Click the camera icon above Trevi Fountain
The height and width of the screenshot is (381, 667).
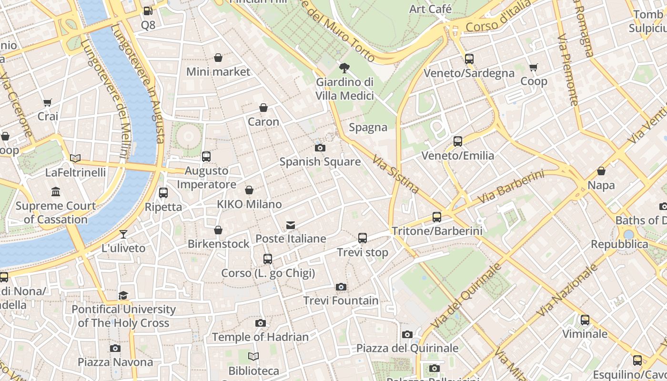pyautogui.click(x=341, y=287)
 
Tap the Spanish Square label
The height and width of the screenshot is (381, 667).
pyautogui.click(x=320, y=162)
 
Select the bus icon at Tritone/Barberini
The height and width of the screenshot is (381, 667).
pyautogui.click(x=437, y=217)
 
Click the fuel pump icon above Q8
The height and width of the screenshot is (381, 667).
pyautogui.click(x=148, y=10)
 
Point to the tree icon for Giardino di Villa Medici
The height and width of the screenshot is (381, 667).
pyautogui.click(x=344, y=68)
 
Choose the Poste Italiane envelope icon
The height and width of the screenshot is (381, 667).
pyautogui.click(x=291, y=225)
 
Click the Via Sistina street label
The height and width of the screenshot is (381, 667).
pyautogui.click(x=395, y=175)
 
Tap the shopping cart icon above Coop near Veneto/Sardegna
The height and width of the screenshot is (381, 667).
pyautogui.click(x=534, y=68)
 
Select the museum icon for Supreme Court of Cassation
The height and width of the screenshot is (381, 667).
pyautogui.click(x=56, y=192)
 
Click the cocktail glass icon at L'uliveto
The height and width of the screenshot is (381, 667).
pyautogui.click(x=123, y=234)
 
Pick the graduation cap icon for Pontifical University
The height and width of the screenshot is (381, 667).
pyautogui.click(x=123, y=295)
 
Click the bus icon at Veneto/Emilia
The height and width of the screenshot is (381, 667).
pyautogui.click(x=458, y=141)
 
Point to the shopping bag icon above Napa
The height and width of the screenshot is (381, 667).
pyautogui.click(x=601, y=171)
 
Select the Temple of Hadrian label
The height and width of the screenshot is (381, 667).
pyautogui.click(x=260, y=337)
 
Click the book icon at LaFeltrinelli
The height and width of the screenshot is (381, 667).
pyautogui.click(x=75, y=159)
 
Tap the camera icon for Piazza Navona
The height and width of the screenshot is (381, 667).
pyautogui.click(x=115, y=349)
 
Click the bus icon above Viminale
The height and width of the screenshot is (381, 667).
pyautogui.click(x=585, y=320)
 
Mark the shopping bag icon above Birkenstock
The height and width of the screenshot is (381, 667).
pyautogui.click(x=218, y=231)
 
